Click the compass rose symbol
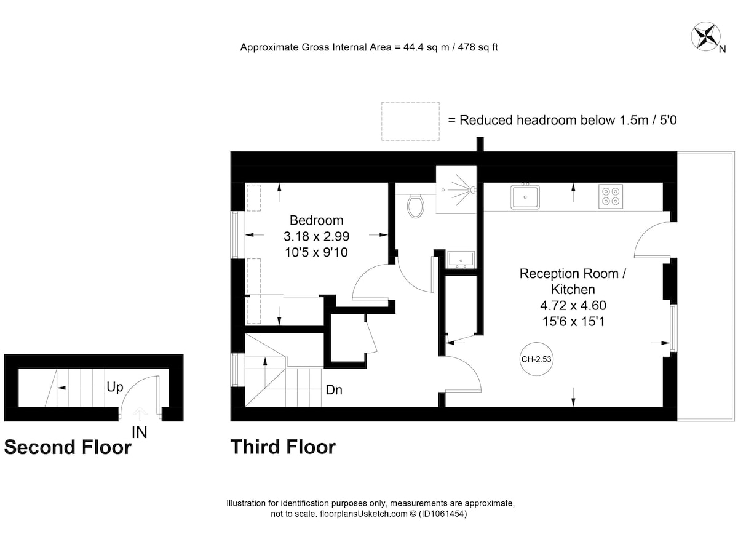(706, 36)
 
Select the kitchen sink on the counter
(525, 197)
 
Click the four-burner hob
(611, 196)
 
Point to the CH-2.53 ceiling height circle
(536, 359)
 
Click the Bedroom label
(316, 220)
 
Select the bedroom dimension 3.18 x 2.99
(316, 236)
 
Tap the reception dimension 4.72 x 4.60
(573, 305)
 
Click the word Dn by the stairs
(334, 390)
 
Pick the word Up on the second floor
(115, 387)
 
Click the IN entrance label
(140, 432)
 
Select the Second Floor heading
(68, 447)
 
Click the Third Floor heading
(283, 447)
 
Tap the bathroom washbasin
(461, 260)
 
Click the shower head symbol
(473, 189)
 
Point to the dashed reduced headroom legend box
(411, 121)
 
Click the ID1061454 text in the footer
(443, 514)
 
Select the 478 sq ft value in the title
(478, 47)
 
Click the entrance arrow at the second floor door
(140, 414)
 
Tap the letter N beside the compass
(722, 49)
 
